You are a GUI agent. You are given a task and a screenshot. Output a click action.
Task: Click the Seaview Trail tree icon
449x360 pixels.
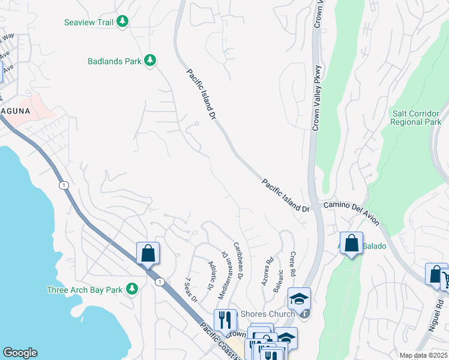[x=123, y=22]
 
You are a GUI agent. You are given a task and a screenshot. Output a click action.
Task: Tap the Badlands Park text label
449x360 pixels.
[x=114, y=61]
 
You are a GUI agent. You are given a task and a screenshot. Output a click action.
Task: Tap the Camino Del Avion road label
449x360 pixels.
[x=352, y=213]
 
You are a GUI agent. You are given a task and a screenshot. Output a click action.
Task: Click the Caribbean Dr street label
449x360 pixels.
[x=238, y=260]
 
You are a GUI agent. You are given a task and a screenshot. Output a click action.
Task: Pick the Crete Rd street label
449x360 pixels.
[x=292, y=264]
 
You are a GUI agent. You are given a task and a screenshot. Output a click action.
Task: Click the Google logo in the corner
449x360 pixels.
[x=20, y=353]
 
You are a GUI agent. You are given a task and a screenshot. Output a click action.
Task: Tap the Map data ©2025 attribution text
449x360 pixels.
[x=423, y=355]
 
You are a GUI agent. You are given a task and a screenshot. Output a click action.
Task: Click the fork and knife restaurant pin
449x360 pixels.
[x=225, y=321]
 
